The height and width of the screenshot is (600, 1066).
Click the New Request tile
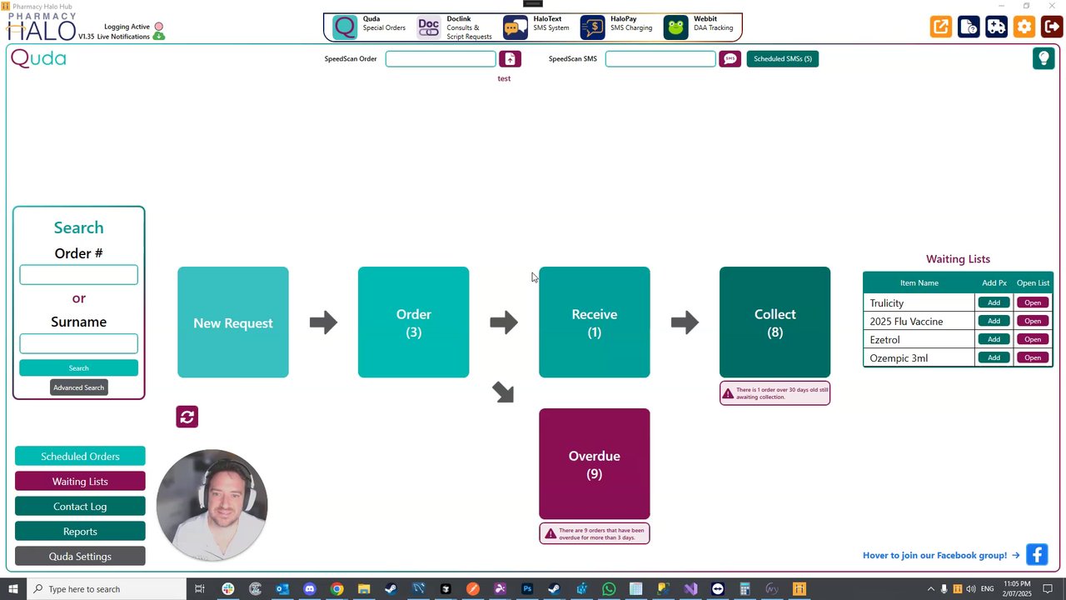tap(233, 322)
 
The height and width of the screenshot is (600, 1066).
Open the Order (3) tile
tap(413, 322)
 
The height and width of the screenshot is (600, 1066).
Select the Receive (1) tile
tap(594, 322)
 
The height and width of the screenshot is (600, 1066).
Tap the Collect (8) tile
tap(775, 322)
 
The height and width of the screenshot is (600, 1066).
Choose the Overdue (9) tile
tap(594, 463)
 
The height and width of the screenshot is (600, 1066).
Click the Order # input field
tap(78, 275)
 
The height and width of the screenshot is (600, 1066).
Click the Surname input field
tap(78, 343)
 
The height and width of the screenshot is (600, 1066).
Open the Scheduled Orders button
tap(80, 457)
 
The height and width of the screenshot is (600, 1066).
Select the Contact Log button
tap(80, 507)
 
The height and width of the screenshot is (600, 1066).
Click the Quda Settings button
tap(80, 557)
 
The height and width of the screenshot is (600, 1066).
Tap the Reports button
tap(80, 532)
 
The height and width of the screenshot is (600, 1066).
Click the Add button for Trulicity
tap(994, 302)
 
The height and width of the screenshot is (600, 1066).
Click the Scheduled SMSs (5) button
tap(782, 59)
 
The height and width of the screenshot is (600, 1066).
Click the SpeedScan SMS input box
tap(660, 59)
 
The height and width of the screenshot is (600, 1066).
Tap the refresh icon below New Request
tap(187, 417)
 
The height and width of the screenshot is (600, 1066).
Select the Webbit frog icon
tap(676, 27)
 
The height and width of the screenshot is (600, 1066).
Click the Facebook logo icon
tap(1037, 555)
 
